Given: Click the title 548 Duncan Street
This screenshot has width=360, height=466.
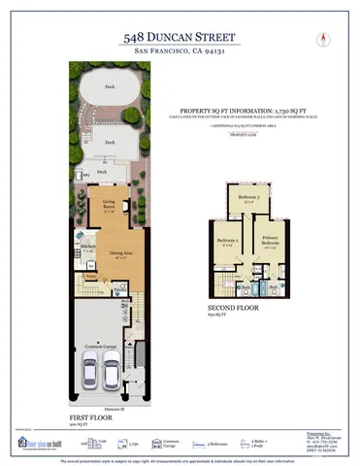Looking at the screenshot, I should pyautogui.click(x=180, y=35).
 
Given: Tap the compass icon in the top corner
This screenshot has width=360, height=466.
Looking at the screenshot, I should pyautogui.click(x=319, y=38).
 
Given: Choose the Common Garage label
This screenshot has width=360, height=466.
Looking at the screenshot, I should pyautogui.click(x=107, y=345).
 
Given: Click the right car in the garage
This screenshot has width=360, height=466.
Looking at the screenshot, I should pyautogui.click(x=115, y=373).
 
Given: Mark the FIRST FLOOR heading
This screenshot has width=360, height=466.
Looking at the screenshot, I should pyautogui.click(x=88, y=416).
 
